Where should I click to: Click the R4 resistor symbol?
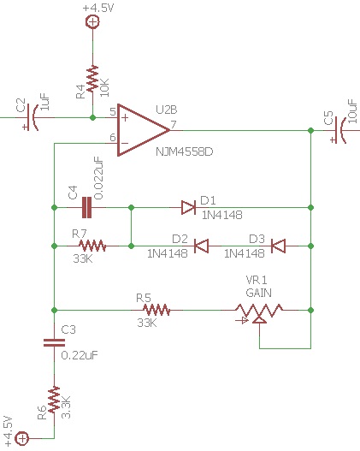[x=92, y=79]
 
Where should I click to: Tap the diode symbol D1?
[x=189, y=207]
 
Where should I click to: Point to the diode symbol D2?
[x=202, y=246]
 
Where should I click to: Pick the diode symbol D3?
[x=278, y=246]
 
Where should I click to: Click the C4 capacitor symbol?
[x=86, y=207]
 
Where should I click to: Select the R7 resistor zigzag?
[x=92, y=246]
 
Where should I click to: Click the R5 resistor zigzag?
[x=156, y=310]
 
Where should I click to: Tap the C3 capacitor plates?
[x=54, y=342]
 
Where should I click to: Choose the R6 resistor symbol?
[x=54, y=401]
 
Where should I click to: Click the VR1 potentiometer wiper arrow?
[x=259, y=320]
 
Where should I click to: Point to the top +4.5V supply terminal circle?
[x=92, y=22]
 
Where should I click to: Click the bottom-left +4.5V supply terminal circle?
[x=22, y=438]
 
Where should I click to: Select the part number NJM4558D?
[x=185, y=151]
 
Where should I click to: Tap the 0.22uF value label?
[x=80, y=355]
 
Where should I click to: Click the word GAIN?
[x=258, y=293]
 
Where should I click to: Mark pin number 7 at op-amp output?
[x=174, y=125]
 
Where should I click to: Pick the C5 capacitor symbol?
[x=339, y=130]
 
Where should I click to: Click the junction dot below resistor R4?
[x=92, y=117]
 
